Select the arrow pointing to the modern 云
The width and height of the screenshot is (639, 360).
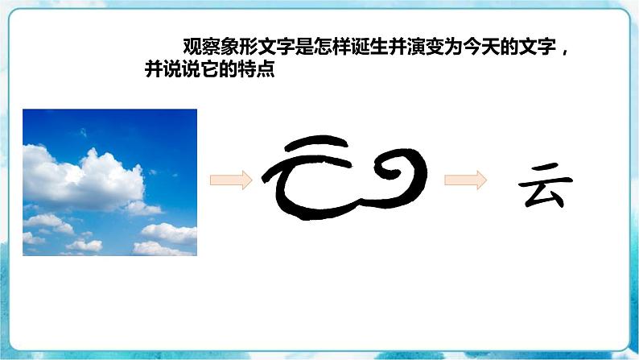[466, 180]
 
